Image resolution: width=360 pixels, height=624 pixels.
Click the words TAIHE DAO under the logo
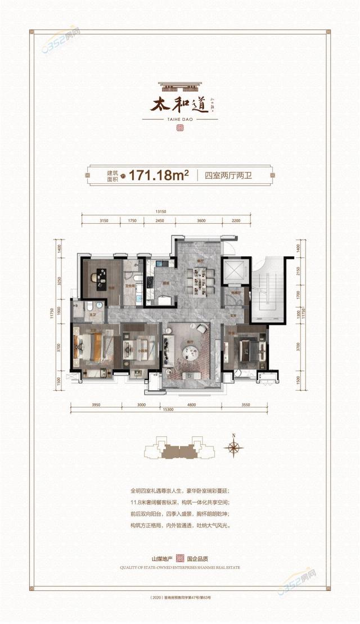[x=181, y=119]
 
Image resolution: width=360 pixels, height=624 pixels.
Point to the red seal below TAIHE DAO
[x=180, y=128]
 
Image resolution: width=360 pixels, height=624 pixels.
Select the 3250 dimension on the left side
[x=58, y=279]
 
